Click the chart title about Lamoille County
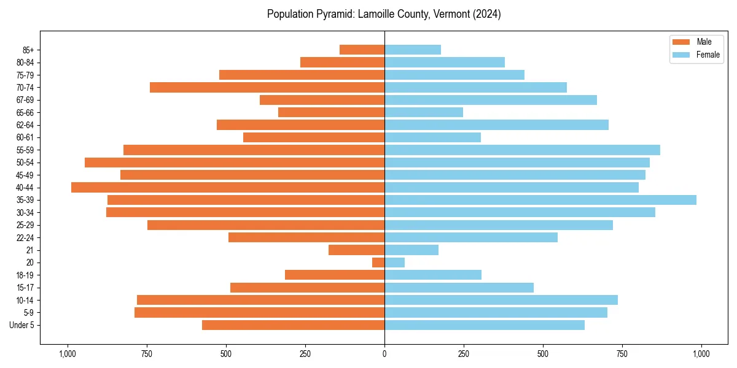[x=384, y=14]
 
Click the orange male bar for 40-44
[x=228, y=188]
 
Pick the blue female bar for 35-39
[x=540, y=200]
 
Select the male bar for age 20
[x=378, y=263]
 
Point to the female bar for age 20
[x=395, y=263]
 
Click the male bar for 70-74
[x=267, y=88]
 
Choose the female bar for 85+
[x=413, y=50]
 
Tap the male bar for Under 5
[x=293, y=325]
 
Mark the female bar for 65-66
[x=424, y=112]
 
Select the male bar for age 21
[x=356, y=250]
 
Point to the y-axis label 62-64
[x=25, y=125]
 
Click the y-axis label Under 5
[x=22, y=325]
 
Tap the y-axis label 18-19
[x=25, y=275]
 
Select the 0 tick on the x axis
[x=384, y=354]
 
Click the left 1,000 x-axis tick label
[x=67, y=354]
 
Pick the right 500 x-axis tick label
[x=543, y=354]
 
